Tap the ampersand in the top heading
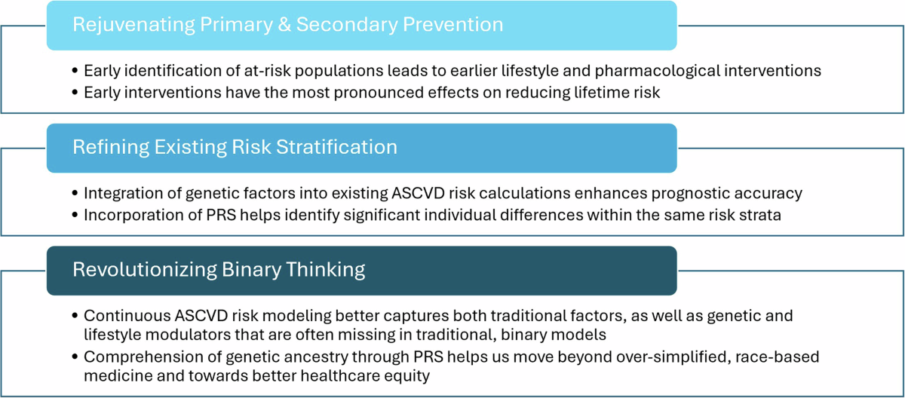point(284,24)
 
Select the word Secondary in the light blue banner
point(347,25)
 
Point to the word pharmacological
point(658,72)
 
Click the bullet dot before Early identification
point(75,71)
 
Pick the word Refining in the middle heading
point(111,147)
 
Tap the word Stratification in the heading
point(336,147)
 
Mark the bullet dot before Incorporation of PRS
point(75,215)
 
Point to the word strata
point(759,215)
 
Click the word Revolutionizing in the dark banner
point(145,270)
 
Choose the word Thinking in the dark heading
point(325,270)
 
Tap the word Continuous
point(127,316)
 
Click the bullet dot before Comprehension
point(75,357)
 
